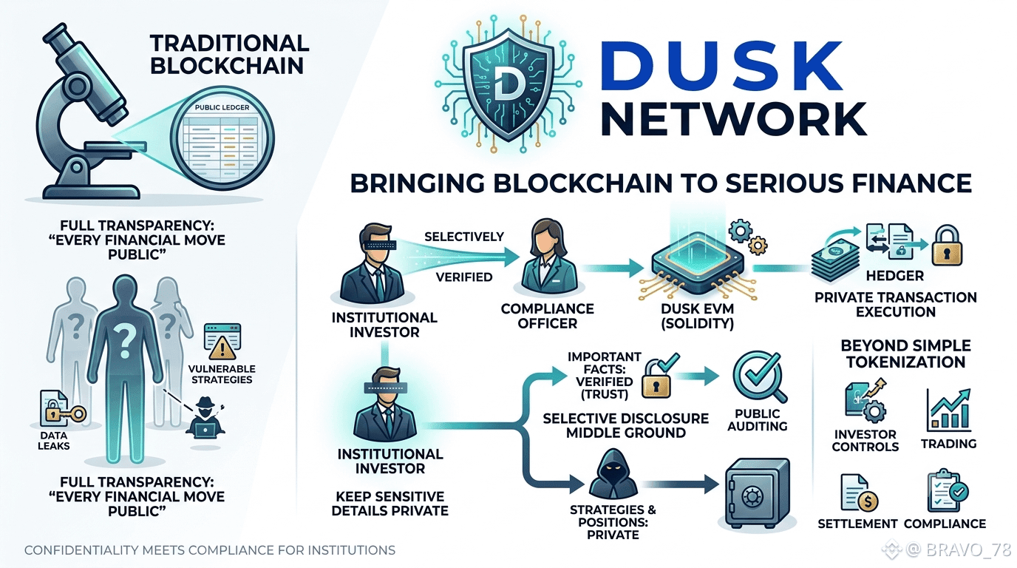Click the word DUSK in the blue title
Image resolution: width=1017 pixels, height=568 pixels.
click(722, 66)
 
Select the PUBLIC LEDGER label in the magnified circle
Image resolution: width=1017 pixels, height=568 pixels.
click(222, 107)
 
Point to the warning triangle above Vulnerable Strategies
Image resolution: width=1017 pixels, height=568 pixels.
click(222, 348)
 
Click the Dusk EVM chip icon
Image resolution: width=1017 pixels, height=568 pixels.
click(698, 263)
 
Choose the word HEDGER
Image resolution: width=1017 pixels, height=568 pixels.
click(894, 276)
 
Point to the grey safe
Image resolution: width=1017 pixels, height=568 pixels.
click(758, 493)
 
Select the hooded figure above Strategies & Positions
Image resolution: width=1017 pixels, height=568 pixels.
click(613, 474)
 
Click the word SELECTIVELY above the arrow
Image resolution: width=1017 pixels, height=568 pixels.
click(464, 237)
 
